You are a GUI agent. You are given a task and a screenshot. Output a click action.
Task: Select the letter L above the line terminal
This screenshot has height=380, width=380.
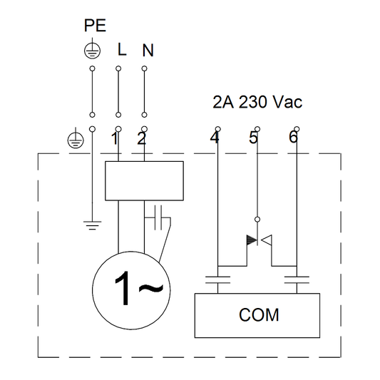(x=121, y=51)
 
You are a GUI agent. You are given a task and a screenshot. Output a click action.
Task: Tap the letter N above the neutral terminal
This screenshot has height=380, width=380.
(x=148, y=51)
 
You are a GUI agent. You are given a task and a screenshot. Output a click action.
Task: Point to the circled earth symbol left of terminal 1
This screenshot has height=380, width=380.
(x=73, y=140)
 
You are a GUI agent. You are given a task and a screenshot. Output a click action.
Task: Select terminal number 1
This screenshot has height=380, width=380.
(x=114, y=139)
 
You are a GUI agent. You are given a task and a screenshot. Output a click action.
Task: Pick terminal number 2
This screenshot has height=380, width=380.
(x=141, y=139)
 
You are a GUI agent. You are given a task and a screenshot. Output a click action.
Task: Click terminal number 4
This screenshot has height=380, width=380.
(x=215, y=138)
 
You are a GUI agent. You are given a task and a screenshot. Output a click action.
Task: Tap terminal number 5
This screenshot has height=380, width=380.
(x=253, y=138)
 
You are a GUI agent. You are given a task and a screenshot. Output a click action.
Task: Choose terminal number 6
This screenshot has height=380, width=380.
(x=292, y=138)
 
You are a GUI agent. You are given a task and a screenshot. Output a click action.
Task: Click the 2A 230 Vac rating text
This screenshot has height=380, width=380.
(x=257, y=103)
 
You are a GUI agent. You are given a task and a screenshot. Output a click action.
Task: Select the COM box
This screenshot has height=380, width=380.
(x=260, y=314)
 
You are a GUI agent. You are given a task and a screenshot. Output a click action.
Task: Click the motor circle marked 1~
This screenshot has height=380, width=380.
(x=129, y=290)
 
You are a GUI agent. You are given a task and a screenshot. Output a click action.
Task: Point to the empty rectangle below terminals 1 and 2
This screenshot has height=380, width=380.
(x=145, y=180)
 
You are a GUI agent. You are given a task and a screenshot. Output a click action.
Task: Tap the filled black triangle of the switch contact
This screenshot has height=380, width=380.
(x=251, y=240)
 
